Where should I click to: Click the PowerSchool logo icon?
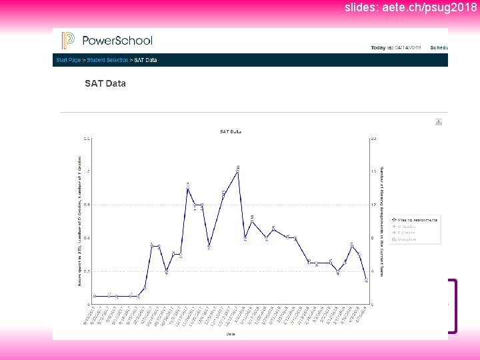click(68, 40)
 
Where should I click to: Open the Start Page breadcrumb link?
click(67, 60)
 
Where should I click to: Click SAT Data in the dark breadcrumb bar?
click(145, 60)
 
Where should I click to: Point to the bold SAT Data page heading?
click(105, 83)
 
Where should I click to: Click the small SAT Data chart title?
click(230, 132)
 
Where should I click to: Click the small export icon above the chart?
click(439, 121)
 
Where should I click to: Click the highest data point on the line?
click(238, 172)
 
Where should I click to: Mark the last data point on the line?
click(366, 281)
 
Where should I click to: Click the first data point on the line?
click(95, 295)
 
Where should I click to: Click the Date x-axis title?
click(230, 333)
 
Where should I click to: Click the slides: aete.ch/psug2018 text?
click(411, 8)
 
